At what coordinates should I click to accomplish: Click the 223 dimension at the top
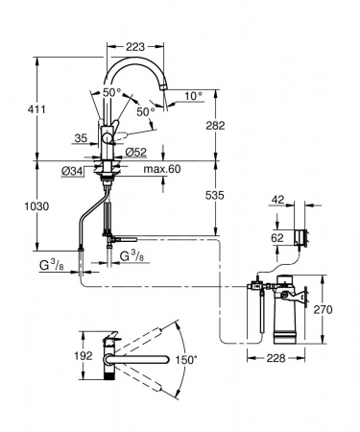click(x=135, y=47)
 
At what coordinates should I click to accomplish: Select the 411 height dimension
click(x=36, y=109)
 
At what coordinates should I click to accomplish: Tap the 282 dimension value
click(x=215, y=126)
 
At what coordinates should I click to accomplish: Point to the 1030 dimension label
click(x=36, y=206)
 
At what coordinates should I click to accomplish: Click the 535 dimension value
click(x=215, y=195)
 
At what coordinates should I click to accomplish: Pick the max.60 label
click(x=162, y=169)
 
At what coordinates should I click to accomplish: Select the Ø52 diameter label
click(x=135, y=153)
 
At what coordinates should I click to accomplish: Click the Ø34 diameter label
click(x=72, y=172)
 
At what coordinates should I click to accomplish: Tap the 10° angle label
click(x=194, y=95)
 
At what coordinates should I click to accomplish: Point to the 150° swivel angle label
click(x=184, y=360)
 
